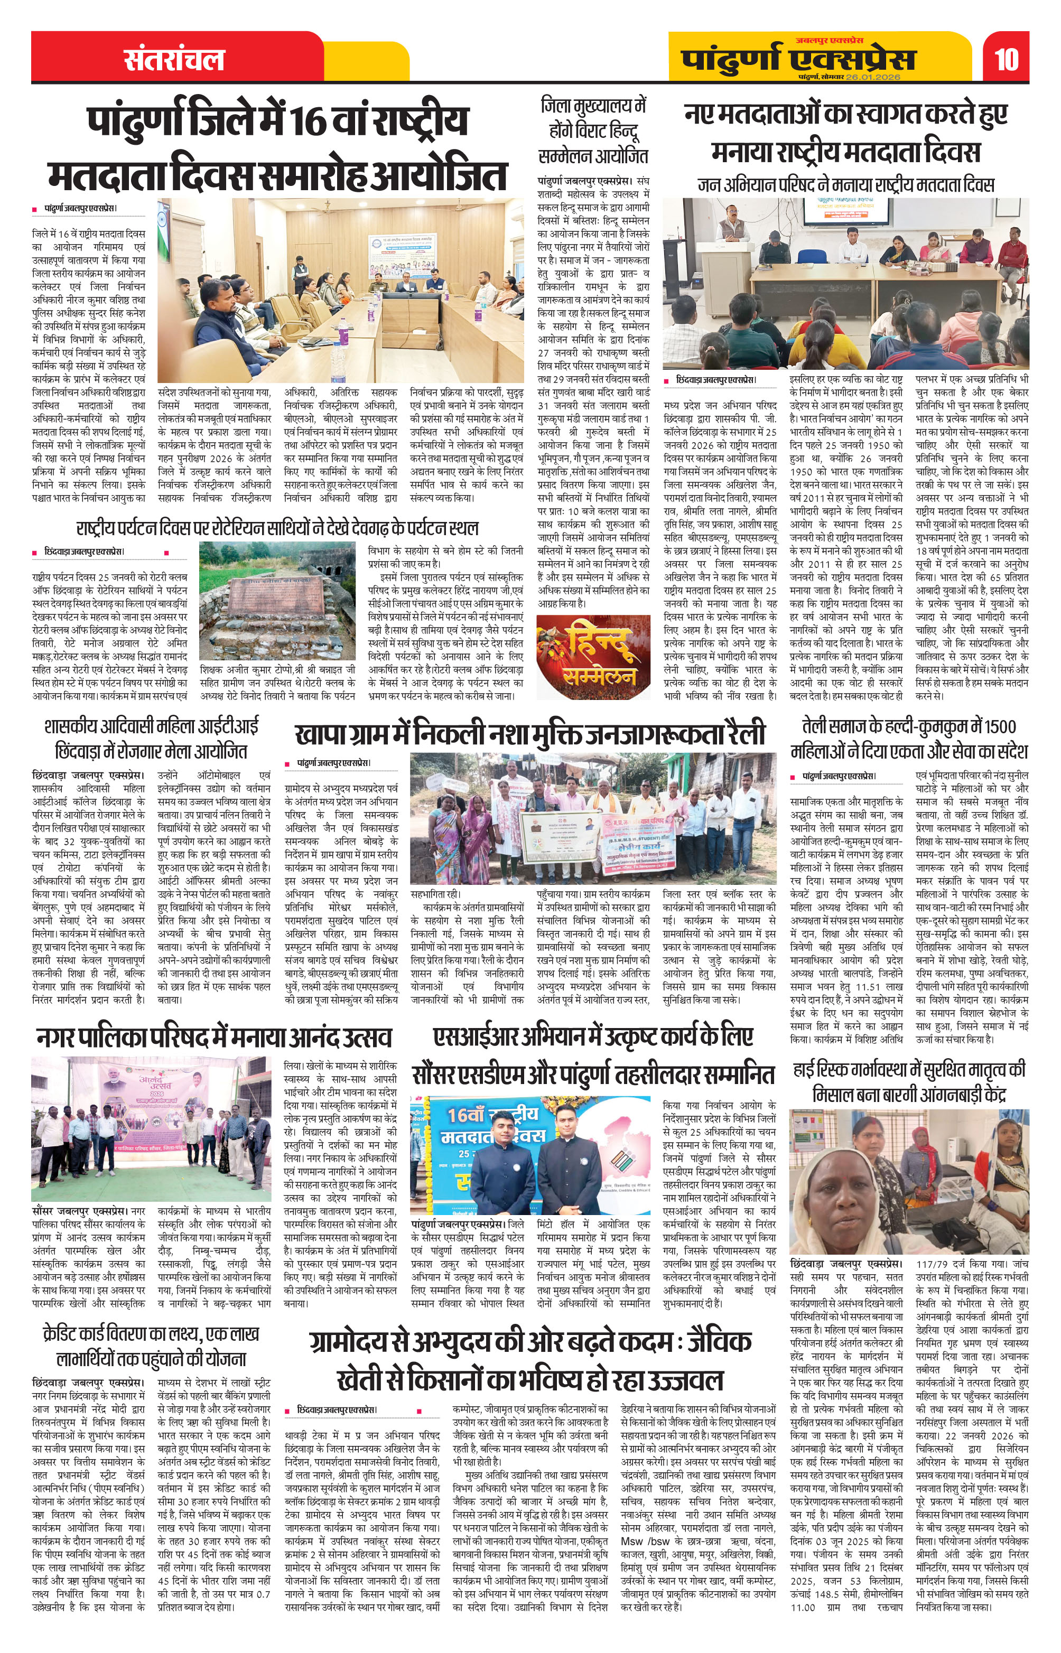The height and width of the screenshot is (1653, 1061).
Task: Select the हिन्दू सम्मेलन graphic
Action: (593, 658)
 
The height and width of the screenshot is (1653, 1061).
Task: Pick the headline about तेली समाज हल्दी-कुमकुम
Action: (909, 739)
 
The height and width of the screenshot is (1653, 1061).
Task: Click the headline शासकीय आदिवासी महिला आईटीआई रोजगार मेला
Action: (151, 739)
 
